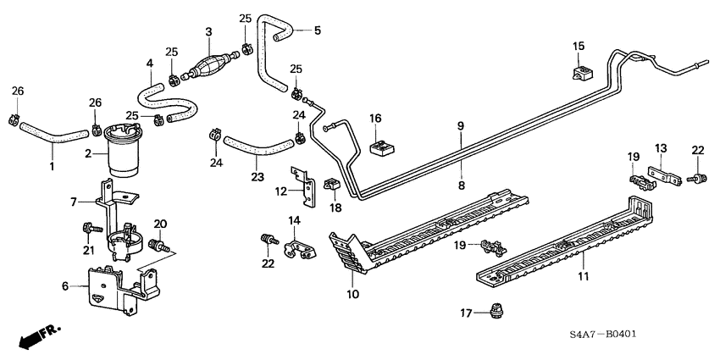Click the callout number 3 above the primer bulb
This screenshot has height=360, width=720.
click(x=208, y=32)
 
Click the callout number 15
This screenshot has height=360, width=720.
click(x=578, y=46)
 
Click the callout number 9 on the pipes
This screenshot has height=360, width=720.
click(x=460, y=126)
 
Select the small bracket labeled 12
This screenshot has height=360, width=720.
click(x=297, y=185)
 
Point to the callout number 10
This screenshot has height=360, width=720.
click(x=353, y=294)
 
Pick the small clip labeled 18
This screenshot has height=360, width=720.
click(x=331, y=185)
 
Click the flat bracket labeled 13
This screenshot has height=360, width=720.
click(x=663, y=177)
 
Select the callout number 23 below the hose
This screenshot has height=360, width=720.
click(x=257, y=177)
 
